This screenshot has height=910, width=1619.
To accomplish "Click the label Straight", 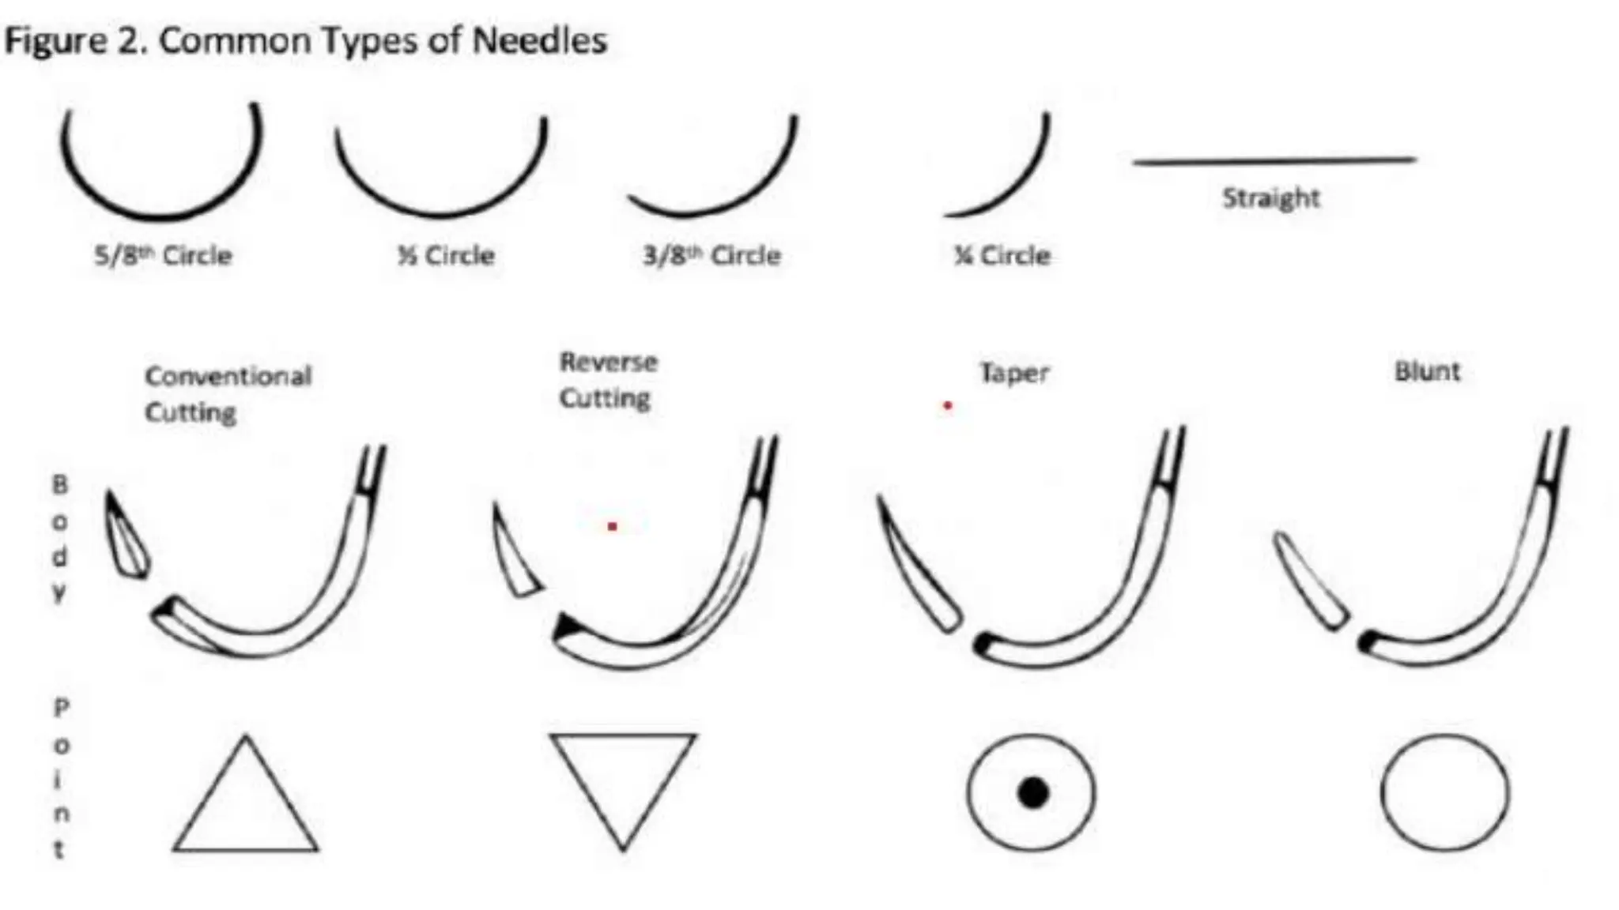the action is click(1270, 197).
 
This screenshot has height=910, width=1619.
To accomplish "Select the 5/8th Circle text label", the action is click(163, 256).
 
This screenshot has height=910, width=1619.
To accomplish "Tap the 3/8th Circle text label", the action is click(711, 256).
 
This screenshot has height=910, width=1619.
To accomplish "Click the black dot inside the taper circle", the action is click(1032, 792).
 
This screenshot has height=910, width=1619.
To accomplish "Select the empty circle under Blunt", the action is click(1444, 792).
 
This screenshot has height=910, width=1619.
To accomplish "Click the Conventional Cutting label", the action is click(228, 393).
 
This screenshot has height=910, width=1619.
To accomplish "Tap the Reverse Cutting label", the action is click(608, 380).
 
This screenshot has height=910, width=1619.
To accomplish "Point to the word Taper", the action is click(1014, 372).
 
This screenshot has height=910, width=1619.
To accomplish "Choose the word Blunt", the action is click(1427, 370).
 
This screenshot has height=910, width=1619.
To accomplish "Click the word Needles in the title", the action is click(539, 39).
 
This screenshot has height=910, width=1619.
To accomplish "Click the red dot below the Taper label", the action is click(947, 406).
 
